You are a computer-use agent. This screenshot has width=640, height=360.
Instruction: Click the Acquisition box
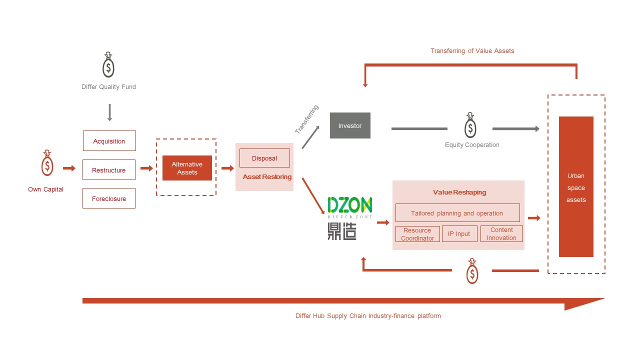(109, 141)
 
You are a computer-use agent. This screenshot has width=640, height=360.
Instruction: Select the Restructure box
(109, 170)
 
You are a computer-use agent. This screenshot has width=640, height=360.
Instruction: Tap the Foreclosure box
(109, 198)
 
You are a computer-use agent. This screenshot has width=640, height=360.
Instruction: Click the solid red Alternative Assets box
(187, 168)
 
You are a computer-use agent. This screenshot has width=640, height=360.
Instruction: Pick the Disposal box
(264, 158)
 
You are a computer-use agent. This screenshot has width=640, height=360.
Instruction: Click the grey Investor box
(350, 125)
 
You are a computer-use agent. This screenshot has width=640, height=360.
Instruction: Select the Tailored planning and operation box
(457, 213)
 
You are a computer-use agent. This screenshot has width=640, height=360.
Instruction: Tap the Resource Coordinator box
(417, 234)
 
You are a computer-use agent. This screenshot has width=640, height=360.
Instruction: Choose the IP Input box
(459, 234)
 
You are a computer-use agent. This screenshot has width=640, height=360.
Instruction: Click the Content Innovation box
(501, 234)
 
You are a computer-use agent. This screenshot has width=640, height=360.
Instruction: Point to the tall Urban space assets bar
(576, 186)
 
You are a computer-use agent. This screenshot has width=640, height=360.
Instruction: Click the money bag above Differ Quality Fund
(108, 65)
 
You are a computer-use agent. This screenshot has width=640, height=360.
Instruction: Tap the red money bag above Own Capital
(47, 163)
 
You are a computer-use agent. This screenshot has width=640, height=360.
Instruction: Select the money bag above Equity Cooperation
(470, 125)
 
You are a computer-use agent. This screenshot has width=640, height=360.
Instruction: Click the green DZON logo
(350, 205)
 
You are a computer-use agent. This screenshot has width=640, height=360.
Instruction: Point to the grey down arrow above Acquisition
(109, 113)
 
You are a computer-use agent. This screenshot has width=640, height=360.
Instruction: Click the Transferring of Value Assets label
(472, 51)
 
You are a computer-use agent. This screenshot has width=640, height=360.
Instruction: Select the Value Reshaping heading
(459, 192)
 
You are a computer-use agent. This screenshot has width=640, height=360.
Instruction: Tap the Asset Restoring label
(267, 177)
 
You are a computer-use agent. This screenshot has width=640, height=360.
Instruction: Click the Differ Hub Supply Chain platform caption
(368, 316)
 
